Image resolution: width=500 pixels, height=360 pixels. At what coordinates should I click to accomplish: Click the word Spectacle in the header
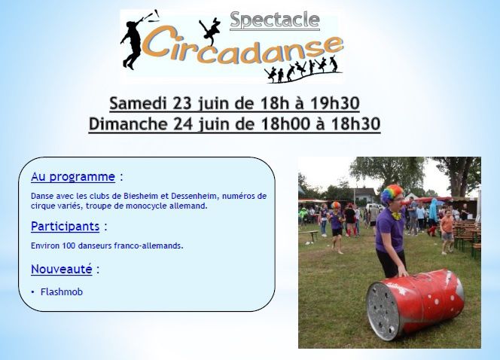275,20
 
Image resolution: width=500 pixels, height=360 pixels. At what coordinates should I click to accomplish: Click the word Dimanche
128,124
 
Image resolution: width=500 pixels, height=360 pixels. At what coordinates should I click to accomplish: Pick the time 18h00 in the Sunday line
285,124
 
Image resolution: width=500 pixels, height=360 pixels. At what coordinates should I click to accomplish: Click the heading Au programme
73,177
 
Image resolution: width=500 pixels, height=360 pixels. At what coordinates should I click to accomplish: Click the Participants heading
66,227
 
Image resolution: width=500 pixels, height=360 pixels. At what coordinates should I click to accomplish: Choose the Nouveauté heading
62,270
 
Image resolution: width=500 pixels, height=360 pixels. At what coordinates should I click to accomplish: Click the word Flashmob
62,291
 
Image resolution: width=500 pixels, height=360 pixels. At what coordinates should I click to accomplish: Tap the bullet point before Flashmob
32,291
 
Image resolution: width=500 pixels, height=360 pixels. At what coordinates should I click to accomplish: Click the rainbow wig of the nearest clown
392,194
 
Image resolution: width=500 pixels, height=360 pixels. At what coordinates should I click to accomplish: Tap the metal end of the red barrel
383,311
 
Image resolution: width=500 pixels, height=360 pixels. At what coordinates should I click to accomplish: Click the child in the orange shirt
447,232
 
